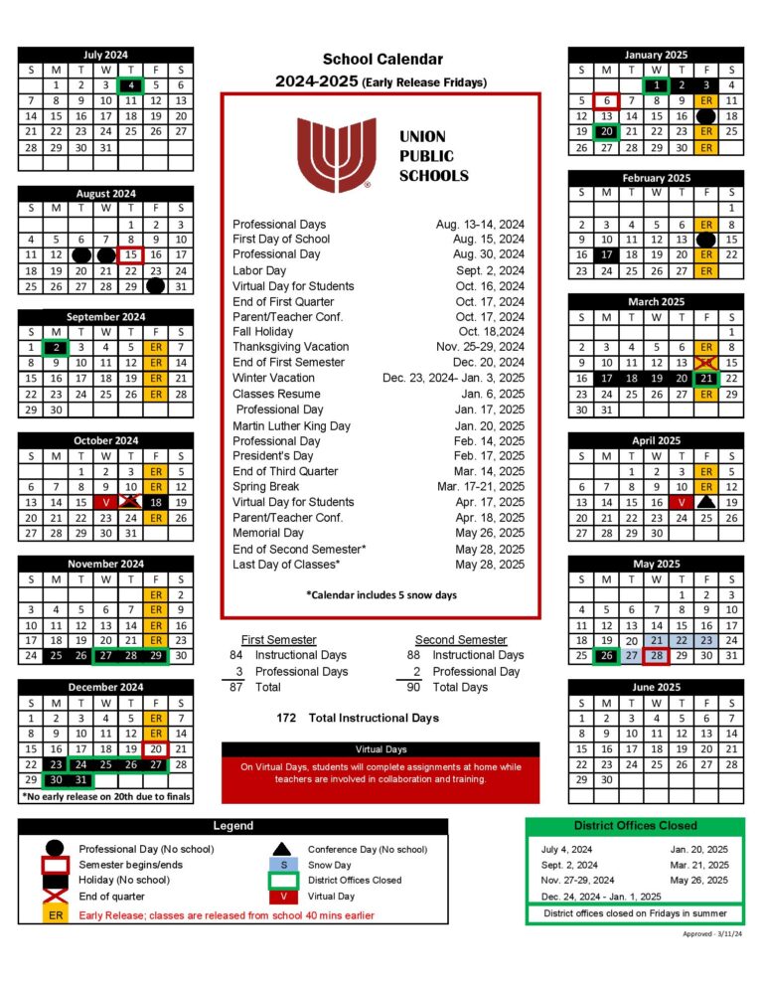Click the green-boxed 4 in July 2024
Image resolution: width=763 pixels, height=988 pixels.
click(x=131, y=85)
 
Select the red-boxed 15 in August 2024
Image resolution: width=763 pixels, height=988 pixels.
click(x=131, y=255)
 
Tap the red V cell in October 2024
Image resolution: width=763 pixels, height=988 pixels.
click(x=105, y=502)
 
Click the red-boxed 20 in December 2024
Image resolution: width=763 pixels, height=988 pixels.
click(x=155, y=748)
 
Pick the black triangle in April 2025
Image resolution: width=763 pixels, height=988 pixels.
click(x=705, y=503)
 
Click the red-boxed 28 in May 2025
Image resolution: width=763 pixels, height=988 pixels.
click(x=656, y=655)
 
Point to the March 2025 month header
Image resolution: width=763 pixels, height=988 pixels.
click(x=656, y=301)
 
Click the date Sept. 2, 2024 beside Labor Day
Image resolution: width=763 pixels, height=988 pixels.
click(x=491, y=270)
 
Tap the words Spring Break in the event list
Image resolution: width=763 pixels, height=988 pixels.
click(x=265, y=487)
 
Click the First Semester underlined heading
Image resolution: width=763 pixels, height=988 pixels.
click(x=279, y=639)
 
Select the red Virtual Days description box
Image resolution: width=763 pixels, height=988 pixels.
click(x=381, y=772)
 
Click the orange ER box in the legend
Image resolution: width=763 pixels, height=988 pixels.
click(x=56, y=915)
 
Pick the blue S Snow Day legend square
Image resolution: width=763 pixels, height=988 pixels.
click(x=284, y=865)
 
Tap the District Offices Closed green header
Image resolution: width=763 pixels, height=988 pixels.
click(x=634, y=826)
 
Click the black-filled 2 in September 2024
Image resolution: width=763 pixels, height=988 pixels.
click(x=57, y=348)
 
